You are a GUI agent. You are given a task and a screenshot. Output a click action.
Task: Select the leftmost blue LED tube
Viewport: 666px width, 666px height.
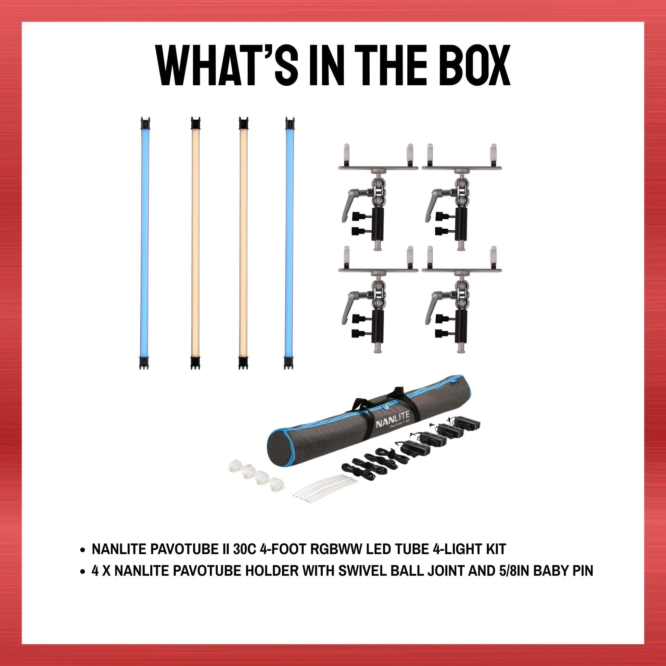point(145,243)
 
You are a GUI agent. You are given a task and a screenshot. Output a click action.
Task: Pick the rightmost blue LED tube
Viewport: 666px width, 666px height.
point(290,243)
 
